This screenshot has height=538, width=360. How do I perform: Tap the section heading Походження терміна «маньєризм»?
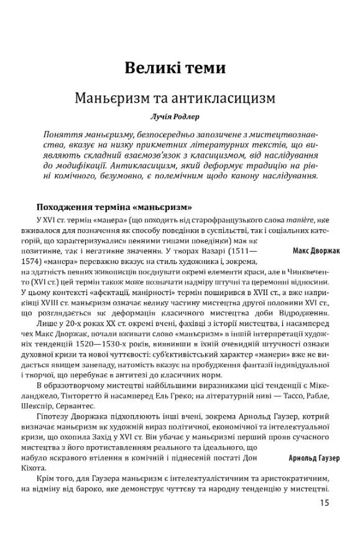[x=114, y=206]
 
